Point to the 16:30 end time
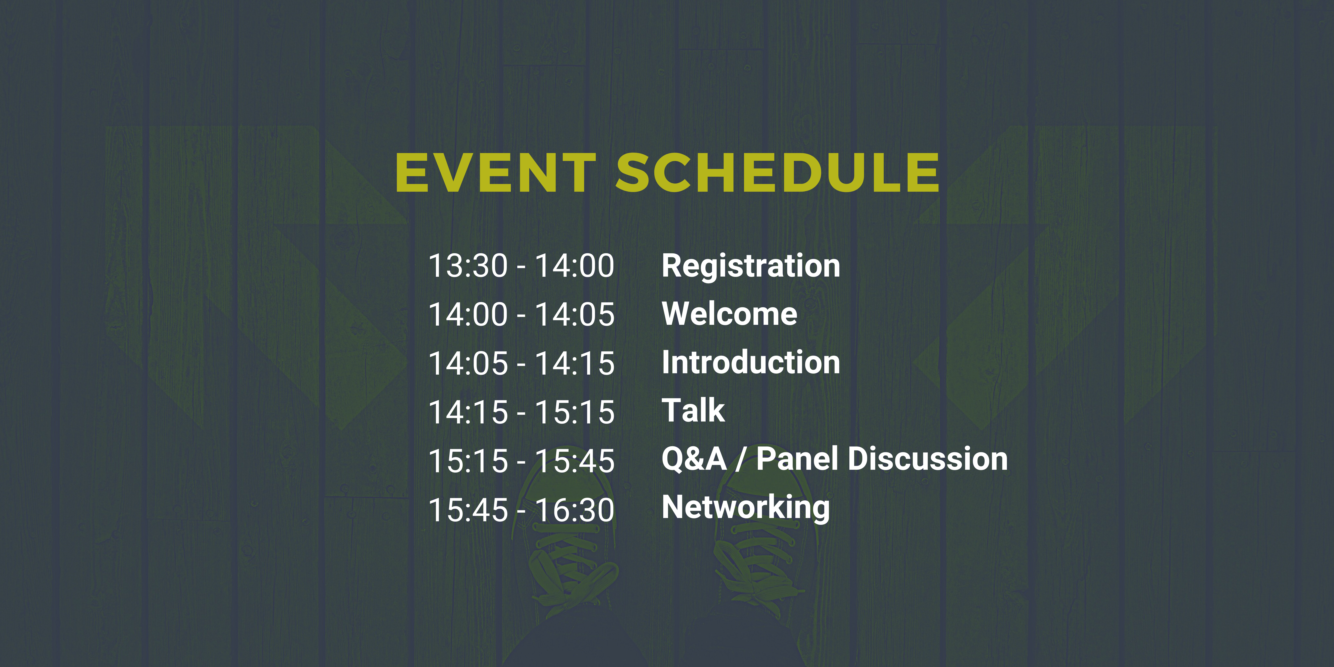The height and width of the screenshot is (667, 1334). click(575, 511)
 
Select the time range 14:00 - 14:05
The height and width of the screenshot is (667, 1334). click(521, 315)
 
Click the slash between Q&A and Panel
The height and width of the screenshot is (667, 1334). click(741, 459)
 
